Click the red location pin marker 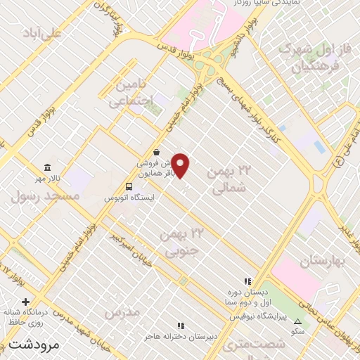[181, 165]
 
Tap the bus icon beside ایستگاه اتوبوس [128, 186]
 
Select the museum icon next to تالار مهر [47, 167]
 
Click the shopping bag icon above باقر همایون [156, 150]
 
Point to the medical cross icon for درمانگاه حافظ [25, 302]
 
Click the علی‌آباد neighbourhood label [42, 33]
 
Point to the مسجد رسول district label [37, 195]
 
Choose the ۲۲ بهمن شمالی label [227, 180]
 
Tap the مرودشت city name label [32, 345]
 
